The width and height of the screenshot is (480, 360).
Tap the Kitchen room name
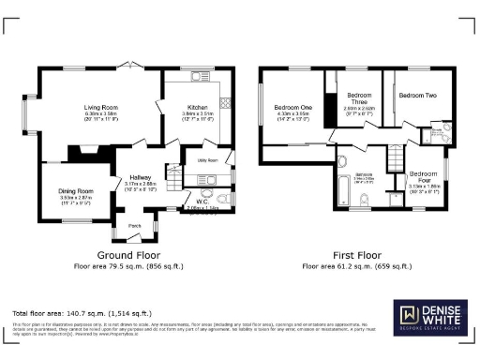pos(197,109)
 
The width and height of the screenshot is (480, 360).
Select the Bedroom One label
pos(292,108)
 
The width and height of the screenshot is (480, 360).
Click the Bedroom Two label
pos(418,96)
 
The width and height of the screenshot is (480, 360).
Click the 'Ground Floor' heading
pos(128,255)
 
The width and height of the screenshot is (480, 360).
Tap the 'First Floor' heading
pos(354,255)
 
